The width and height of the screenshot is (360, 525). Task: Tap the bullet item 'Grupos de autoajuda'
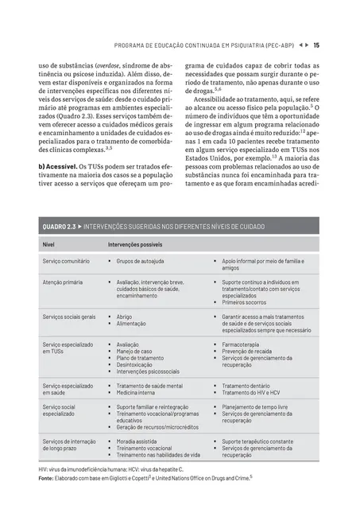click(141, 261)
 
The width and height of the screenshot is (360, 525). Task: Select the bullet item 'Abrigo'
click(126, 316)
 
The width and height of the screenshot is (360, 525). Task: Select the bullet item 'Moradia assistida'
click(139, 441)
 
